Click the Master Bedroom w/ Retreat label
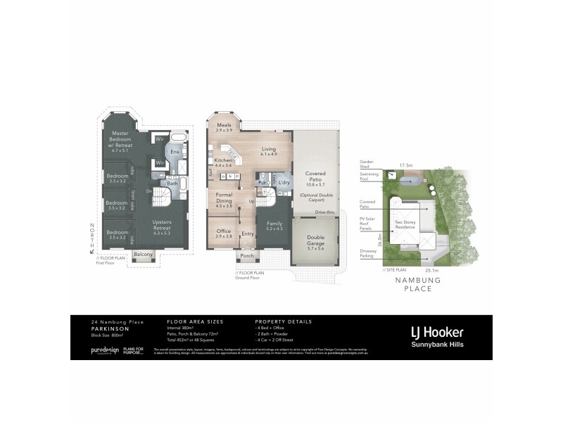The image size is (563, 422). click(x=123, y=141)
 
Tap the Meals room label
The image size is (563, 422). click(x=224, y=127)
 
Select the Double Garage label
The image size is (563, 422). click(x=315, y=242)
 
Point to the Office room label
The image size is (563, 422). click(x=224, y=233)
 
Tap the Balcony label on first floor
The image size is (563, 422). click(x=143, y=254)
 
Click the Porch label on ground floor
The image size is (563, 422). click(x=247, y=256)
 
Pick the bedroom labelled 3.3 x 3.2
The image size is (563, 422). click(x=118, y=178)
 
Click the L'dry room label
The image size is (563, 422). click(x=284, y=183)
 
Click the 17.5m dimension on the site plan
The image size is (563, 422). click(x=406, y=166)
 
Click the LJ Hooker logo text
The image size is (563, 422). click(x=436, y=331)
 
